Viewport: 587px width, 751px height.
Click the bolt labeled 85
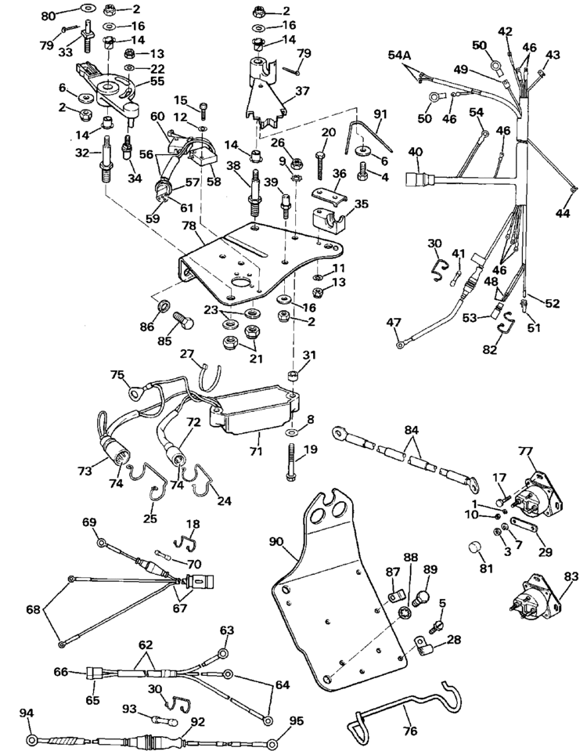182,321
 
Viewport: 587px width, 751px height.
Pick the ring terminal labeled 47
400,341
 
